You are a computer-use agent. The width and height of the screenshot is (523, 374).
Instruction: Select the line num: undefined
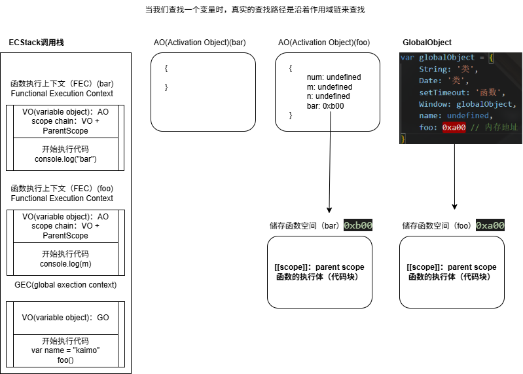[x=333, y=77]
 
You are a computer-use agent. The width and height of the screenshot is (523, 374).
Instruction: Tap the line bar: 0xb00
[x=325, y=106]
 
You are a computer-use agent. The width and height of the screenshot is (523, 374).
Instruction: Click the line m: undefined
[x=329, y=87]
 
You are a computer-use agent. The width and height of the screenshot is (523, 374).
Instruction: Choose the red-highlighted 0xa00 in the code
[x=454, y=128]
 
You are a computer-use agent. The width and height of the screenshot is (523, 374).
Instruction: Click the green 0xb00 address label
[x=358, y=225]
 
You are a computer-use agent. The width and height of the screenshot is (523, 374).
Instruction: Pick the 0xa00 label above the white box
[x=490, y=225]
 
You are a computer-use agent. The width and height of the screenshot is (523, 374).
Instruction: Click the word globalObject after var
[x=446, y=58]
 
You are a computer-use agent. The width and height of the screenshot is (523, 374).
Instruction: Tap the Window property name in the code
[x=433, y=104]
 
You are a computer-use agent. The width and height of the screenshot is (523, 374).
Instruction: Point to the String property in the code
[x=433, y=69]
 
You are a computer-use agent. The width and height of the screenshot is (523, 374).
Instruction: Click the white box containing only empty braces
[x=203, y=92]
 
